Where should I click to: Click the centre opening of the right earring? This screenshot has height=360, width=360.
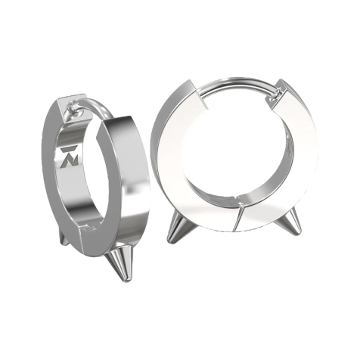click(231, 151)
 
